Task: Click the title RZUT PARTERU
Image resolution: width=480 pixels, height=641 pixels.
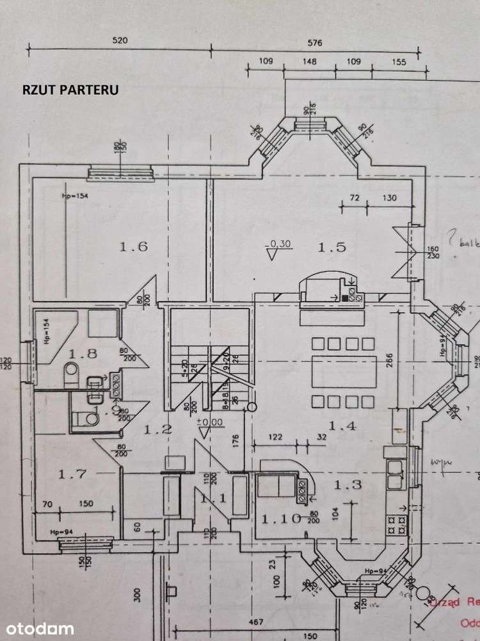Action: (70, 90)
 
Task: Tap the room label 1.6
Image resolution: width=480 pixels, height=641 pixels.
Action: (134, 246)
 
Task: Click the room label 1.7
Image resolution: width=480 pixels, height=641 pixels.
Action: (72, 474)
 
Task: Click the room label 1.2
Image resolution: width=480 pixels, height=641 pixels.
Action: (158, 430)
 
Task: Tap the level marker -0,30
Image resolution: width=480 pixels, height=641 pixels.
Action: (278, 243)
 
